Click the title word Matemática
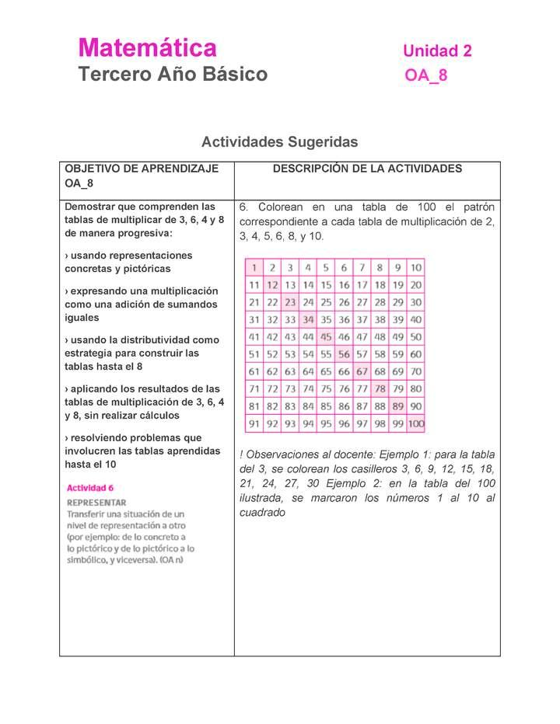pos(147,48)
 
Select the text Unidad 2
pos(437,51)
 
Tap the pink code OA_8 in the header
pos(425,76)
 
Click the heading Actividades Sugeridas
pos(279,142)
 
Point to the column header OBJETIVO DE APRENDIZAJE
pos(141,169)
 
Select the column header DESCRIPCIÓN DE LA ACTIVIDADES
pos(367,169)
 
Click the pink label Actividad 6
pos(90,488)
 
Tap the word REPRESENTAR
pos(96,503)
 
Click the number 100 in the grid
pos(415,424)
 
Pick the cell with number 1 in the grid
pos(254,267)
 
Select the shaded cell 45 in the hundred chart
pos(326,337)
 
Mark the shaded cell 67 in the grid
pos(362,371)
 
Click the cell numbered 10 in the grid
pos(416,267)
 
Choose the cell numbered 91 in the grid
pos(254,424)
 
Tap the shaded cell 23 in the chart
pos(290,302)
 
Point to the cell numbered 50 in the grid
pos(416,337)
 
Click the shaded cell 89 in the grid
pos(397,406)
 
